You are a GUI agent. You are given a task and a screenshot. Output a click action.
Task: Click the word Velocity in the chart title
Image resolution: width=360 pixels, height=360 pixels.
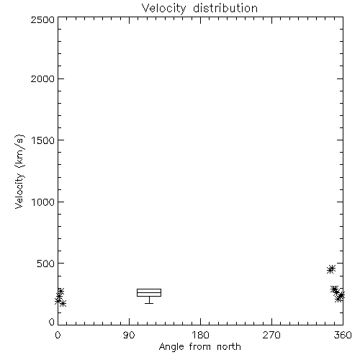164,9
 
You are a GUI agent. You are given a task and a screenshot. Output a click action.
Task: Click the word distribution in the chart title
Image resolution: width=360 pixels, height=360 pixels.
225,8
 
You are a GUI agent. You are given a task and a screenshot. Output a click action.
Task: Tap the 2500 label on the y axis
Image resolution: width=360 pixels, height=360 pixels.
42,19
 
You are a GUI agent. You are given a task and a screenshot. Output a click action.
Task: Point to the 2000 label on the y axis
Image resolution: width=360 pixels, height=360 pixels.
42,78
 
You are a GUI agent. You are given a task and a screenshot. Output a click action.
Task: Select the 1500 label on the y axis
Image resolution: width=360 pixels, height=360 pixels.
43,140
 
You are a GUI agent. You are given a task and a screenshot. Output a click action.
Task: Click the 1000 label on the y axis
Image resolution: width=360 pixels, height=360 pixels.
43,202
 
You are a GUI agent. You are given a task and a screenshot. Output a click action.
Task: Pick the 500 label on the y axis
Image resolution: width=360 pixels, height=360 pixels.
46,264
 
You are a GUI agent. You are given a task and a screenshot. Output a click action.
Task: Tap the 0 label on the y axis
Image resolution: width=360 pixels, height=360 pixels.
52,322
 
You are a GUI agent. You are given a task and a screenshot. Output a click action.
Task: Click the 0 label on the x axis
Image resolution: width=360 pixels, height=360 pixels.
58,335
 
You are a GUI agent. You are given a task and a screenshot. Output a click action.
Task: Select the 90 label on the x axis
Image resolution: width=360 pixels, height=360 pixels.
129,335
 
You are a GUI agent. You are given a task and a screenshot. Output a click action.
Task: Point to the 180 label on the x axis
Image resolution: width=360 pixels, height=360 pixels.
200,335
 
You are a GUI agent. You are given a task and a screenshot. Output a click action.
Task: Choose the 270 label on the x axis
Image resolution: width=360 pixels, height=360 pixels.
271,335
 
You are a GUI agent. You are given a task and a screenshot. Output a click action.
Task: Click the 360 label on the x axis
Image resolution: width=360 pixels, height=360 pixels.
343,335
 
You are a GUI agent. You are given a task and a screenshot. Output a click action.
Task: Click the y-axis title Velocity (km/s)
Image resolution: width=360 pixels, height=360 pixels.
19,171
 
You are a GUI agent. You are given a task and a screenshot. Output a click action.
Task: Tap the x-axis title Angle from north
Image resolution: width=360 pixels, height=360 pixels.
200,347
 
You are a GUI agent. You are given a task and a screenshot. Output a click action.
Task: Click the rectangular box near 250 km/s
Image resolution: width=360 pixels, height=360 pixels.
149,289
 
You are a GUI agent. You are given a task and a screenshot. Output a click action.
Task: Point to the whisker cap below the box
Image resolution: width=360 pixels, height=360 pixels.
149,303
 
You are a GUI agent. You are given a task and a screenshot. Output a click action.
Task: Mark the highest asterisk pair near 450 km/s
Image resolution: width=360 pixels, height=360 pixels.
331,269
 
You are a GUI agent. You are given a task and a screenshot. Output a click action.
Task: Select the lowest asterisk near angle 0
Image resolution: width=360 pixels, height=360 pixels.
63,304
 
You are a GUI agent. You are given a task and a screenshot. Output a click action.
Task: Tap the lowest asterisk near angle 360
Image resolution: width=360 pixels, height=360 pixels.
338,299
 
